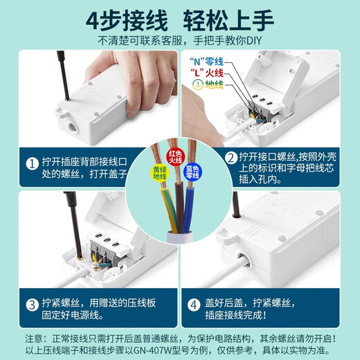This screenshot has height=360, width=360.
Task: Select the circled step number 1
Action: point(32,164)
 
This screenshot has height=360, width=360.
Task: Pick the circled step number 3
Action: point(32,305)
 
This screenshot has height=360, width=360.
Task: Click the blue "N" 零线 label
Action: point(203,62)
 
